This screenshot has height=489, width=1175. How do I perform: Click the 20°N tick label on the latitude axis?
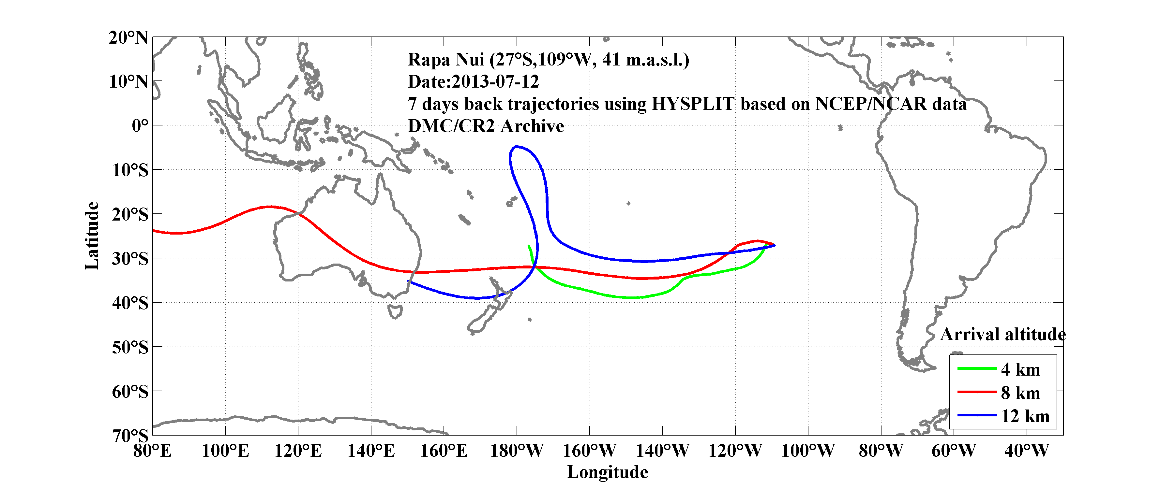pyautogui.click(x=128, y=37)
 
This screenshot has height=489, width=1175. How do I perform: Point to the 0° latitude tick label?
pyautogui.click(x=140, y=125)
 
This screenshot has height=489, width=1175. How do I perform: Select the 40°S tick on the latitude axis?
pyautogui.click(x=130, y=303)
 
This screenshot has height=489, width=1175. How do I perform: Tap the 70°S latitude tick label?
pyautogui.click(x=130, y=436)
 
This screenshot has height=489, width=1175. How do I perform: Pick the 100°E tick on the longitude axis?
pyautogui.click(x=225, y=451)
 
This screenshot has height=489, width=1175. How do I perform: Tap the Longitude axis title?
pyautogui.click(x=607, y=472)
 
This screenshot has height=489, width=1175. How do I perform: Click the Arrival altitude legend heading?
pyautogui.click(x=1002, y=335)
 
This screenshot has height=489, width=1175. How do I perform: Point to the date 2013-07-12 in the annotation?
pyautogui.click(x=495, y=81)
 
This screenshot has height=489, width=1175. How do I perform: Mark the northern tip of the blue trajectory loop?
pyautogui.click(x=516, y=147)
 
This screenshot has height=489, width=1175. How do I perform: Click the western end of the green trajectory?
pyautogui.click(x=529, y=246)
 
